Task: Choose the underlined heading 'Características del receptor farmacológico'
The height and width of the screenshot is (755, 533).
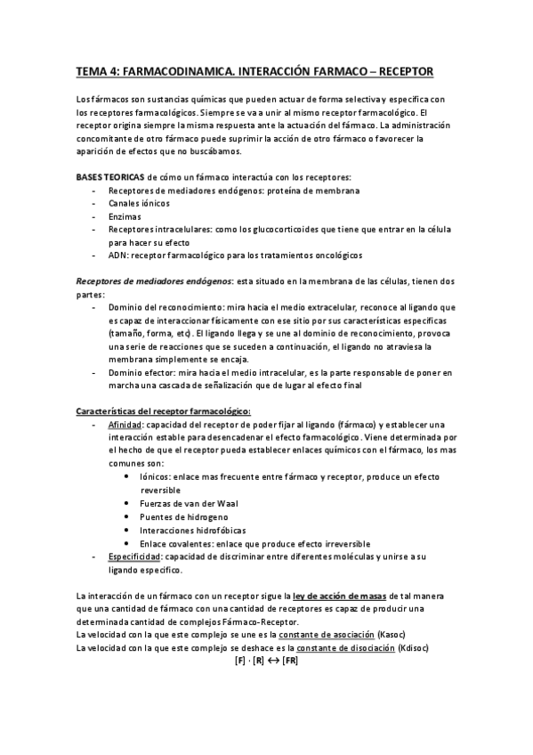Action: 162,410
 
